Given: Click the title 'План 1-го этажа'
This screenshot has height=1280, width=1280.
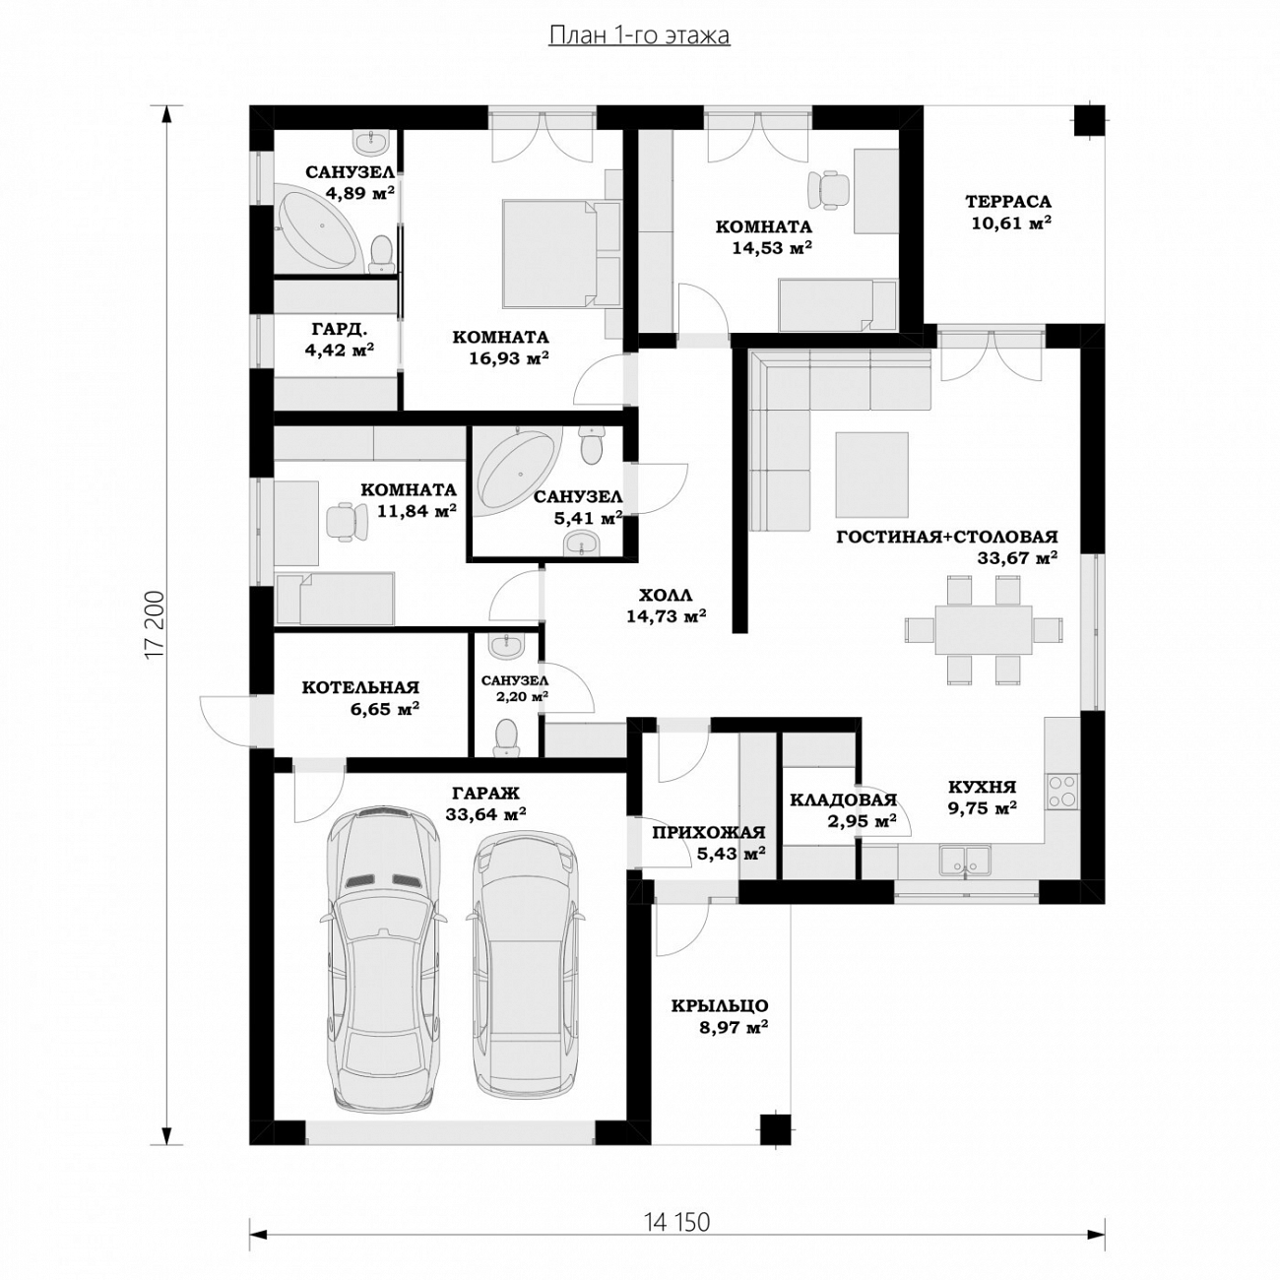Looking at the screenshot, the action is point(640,35).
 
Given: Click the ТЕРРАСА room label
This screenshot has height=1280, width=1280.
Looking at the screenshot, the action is point(1008,201).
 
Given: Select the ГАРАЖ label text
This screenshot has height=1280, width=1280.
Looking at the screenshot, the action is point(486,793).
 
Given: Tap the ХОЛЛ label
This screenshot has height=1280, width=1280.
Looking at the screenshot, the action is point(666,594).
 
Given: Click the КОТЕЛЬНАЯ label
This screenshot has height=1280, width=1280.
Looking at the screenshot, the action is point(360,687).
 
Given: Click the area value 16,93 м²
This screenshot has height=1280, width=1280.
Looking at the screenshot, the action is point(509,358).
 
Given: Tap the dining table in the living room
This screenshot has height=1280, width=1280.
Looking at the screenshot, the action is point(984,629).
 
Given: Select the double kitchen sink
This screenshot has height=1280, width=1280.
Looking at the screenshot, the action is point(965,859).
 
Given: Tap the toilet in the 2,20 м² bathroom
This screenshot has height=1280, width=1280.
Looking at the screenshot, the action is point(507,738).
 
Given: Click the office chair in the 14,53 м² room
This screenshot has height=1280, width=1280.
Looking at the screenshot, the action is point(828,189).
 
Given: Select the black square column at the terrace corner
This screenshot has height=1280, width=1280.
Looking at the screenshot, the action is point(1091,120).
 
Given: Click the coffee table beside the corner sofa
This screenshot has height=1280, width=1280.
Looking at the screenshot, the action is point(871,475).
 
